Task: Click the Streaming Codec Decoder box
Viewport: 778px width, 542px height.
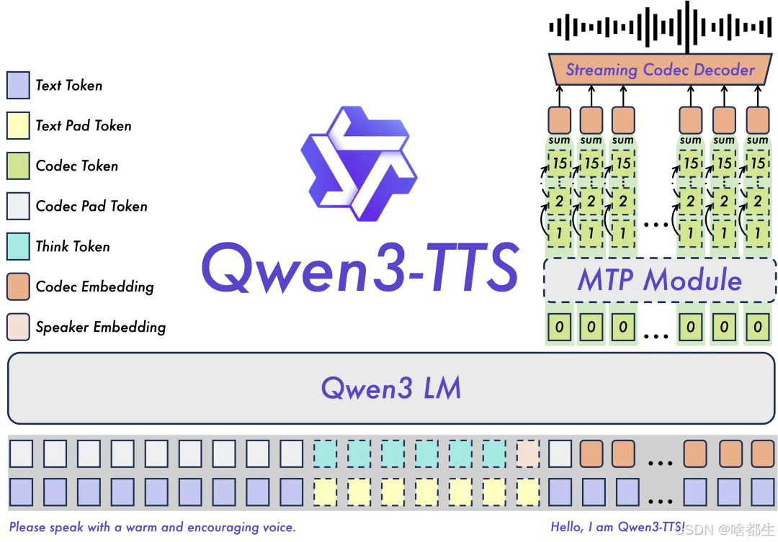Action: [659, 70]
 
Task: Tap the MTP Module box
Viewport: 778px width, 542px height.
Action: [659, 279]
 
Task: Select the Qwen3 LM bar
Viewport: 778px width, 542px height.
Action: [390, 388]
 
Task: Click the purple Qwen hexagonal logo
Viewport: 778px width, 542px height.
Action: [358, 164]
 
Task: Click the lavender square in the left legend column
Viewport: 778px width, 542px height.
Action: [18, 85]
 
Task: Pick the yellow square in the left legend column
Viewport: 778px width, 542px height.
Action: [18, 125]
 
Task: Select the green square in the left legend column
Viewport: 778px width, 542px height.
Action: [18, 166]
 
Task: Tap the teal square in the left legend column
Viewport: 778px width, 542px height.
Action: [18, 246]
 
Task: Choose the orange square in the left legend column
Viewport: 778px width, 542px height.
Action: [18, 286]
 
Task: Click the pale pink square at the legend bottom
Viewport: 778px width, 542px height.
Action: [18, 327]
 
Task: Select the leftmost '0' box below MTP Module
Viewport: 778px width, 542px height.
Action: [560, 328]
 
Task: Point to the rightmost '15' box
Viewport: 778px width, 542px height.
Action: [757, 163]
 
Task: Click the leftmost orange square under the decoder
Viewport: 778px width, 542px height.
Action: [560, 119]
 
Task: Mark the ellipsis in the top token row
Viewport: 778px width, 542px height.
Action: [660, 461]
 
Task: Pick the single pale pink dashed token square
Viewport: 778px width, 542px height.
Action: [528, 453]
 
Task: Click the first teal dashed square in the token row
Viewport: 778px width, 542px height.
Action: [325, 453]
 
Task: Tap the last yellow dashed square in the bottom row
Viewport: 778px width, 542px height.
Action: [528, 492]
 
